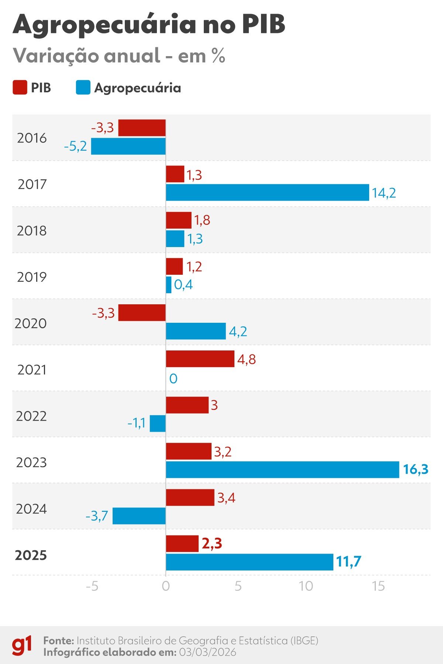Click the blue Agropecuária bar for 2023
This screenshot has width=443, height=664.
(282, 469)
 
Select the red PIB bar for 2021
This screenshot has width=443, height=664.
(200, 359)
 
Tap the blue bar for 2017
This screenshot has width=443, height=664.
(267, 192)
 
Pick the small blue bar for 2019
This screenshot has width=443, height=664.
(169, 285)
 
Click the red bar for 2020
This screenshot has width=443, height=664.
(142, 312)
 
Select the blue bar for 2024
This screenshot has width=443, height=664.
(139, 516)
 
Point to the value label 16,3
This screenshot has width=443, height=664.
(415, 469)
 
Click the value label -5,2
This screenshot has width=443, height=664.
(75, 147)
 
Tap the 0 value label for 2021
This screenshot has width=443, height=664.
(173, 379)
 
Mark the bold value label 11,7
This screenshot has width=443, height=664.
(348, 562)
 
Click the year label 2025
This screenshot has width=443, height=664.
(31, 555)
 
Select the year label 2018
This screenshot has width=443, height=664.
(32, 230)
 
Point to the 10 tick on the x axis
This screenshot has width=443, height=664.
(306, 586)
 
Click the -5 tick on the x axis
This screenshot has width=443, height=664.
(92, 586)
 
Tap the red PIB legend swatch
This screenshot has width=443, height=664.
(20, 88)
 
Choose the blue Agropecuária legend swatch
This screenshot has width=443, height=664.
(83, 88)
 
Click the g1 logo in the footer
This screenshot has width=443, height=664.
(22, 646)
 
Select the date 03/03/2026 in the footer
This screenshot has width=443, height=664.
(207, 652)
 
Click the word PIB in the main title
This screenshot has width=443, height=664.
(264, 24)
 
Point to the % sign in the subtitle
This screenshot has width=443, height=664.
(218, 56)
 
